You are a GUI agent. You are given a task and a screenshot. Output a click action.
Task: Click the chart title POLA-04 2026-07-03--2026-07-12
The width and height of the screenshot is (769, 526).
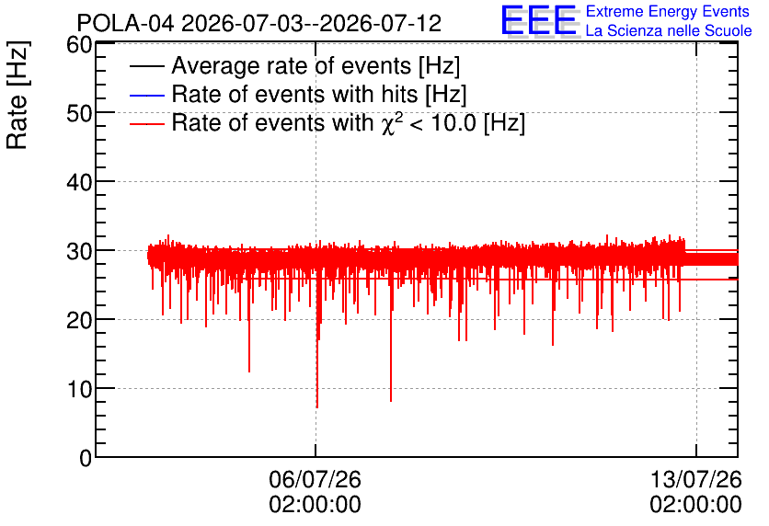tap(259, 23)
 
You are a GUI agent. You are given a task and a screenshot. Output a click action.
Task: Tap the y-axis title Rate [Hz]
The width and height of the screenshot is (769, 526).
tap(17, 95)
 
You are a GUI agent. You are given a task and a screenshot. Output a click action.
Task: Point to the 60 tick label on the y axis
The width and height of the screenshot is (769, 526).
tap(79, 45)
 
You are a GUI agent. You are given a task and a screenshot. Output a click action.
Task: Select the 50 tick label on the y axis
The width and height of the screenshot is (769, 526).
tap(79, 113)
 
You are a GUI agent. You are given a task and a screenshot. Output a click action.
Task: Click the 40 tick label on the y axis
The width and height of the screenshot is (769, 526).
tap(79, 182)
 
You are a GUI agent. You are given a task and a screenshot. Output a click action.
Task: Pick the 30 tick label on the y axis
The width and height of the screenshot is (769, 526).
tap(79, 251)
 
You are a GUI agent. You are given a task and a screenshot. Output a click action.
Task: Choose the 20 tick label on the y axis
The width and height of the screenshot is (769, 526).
tap(79, 320)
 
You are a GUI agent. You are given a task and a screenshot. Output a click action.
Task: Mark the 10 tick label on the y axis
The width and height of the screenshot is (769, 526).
tap(79, 389)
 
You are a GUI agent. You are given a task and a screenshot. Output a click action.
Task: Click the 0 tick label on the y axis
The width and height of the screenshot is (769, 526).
tap(86, 458)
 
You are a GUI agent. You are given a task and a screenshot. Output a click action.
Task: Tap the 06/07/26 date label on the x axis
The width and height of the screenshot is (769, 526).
tap(315, 479)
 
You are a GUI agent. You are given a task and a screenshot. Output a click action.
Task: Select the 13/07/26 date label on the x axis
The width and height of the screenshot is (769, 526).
tap(696, 479)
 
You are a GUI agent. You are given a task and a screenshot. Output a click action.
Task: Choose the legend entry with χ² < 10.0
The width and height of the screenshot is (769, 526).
tap(349, 123)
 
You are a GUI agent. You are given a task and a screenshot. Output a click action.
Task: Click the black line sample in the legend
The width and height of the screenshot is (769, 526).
tap(146, 66)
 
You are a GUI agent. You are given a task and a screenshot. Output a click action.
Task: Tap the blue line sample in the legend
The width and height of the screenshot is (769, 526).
tap(146, 95)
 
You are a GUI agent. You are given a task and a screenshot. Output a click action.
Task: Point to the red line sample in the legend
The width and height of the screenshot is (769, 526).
tap(146, 123)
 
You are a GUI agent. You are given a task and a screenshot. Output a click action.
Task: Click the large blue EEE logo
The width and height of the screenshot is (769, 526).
tap(539, 20)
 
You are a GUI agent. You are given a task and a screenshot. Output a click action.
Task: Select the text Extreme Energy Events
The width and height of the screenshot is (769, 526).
tap(668, 11)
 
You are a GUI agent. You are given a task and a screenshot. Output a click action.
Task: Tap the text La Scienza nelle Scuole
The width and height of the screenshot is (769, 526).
tap(669, 30)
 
